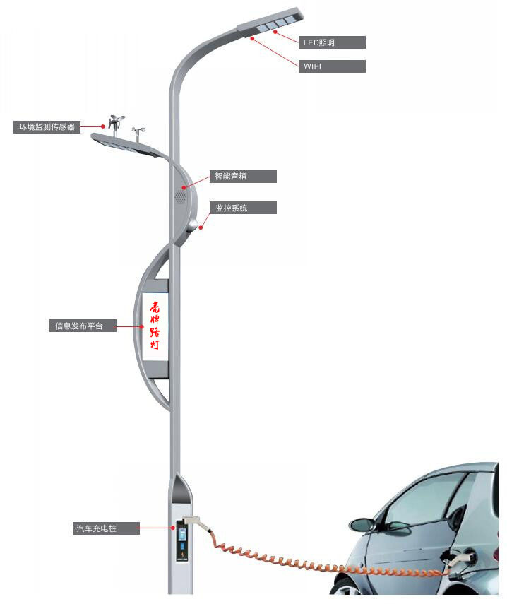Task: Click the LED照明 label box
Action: coord(332,42)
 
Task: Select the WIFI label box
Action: coord(332,66)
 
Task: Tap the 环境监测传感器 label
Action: coord(47,127)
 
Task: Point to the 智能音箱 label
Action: coord(243,177)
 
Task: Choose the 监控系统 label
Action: coord(243,208)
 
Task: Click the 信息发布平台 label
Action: coord(83,326)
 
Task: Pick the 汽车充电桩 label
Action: coord(106,528)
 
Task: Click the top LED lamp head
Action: coord(270,23)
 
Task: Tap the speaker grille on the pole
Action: coord(180,196)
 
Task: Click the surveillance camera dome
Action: coord(193,224)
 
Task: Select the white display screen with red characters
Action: coord(155,327)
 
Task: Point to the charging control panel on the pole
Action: coord(182,540)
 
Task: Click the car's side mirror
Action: coord(363,524)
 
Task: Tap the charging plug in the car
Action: coord(461,559)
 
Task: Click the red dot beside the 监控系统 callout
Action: coord(201,227)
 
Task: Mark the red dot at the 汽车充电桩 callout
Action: coord(173,528)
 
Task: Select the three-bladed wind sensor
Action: coord(116,122)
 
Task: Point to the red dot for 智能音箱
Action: coord(184,188)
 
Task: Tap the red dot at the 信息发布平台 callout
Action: coord(142,326)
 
